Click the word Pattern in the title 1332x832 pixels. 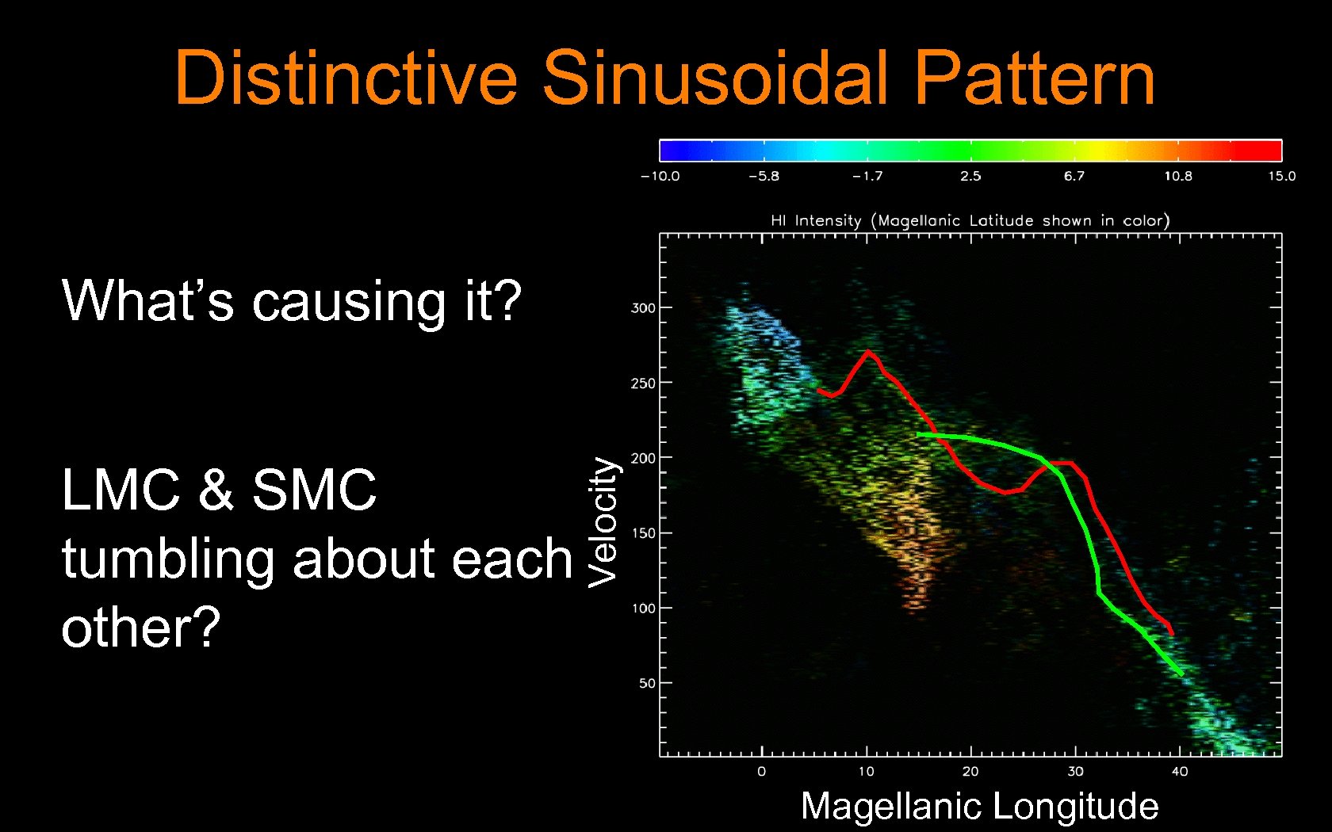coord(1034,78)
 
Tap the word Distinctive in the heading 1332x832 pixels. coord(346,78)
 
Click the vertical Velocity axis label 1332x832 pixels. coord(603,522)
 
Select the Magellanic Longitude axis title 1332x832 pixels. coord(979,806)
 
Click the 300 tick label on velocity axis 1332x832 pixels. coord(643,308)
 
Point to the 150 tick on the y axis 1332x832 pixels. coord(643,533)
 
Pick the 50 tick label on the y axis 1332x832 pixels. coord(647,683)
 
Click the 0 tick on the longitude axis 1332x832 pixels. coord(761,771)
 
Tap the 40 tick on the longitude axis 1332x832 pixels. coord(1179,771)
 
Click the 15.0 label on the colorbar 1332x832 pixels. coord(1281,176)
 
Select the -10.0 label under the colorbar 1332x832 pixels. coord(660,176)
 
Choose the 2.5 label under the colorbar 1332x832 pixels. coord(970,176)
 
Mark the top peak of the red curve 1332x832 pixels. coord(868,351)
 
